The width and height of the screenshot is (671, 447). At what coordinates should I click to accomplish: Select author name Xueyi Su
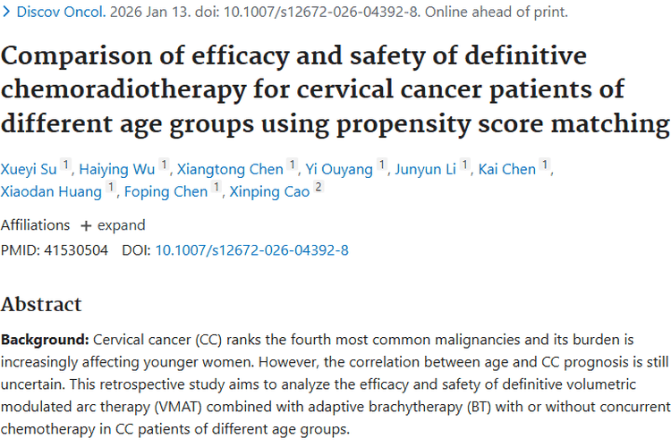click(29, 169)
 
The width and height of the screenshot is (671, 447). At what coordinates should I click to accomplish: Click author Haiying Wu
click(116, 169)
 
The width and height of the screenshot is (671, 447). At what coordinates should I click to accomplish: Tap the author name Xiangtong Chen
click(230, 169)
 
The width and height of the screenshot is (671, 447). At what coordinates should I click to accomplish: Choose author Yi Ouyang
click(340, 169)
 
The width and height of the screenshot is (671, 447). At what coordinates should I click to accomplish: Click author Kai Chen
click(507, 169)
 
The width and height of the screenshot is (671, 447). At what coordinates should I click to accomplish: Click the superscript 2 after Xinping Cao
click(319, 187)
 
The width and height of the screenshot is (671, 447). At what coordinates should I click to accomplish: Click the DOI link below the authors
click(251, 250)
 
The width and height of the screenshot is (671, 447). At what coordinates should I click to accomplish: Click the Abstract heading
click(41, 304)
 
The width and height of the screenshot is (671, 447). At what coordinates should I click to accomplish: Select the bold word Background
click(43, 341)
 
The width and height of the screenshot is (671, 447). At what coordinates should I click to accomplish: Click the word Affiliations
click(35, 225)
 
